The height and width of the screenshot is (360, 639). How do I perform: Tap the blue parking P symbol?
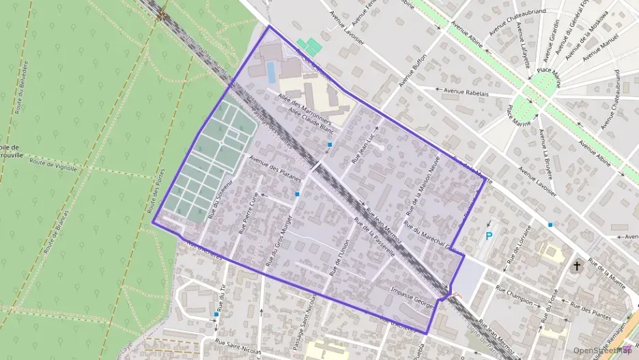click(x=488, y=236)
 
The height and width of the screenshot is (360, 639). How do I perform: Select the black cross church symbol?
click(x=577, y=265)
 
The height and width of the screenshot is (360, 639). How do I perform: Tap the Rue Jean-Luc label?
click(x=364, y=143)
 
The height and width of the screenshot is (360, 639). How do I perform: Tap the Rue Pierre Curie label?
click(x=247, y=212)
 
